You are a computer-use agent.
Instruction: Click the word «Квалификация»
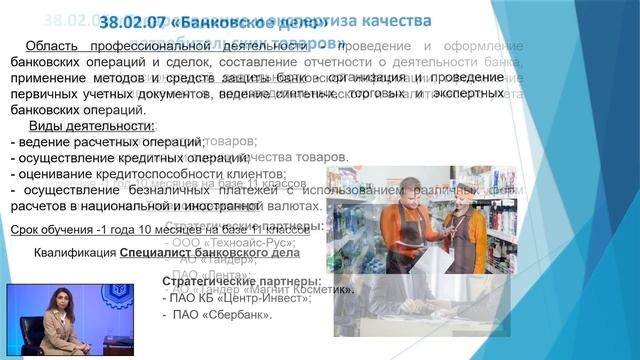[x=74, y=253]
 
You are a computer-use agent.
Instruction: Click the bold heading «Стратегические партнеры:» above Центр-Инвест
[x=242, y=281]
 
